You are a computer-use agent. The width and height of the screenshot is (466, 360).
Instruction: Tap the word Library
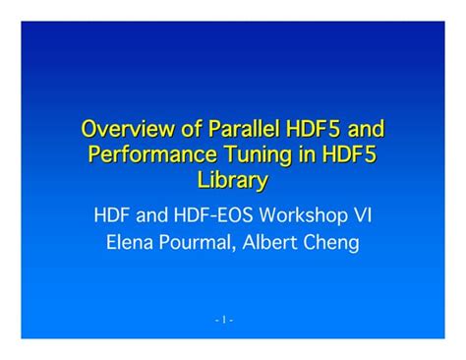tap(232, 181)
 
